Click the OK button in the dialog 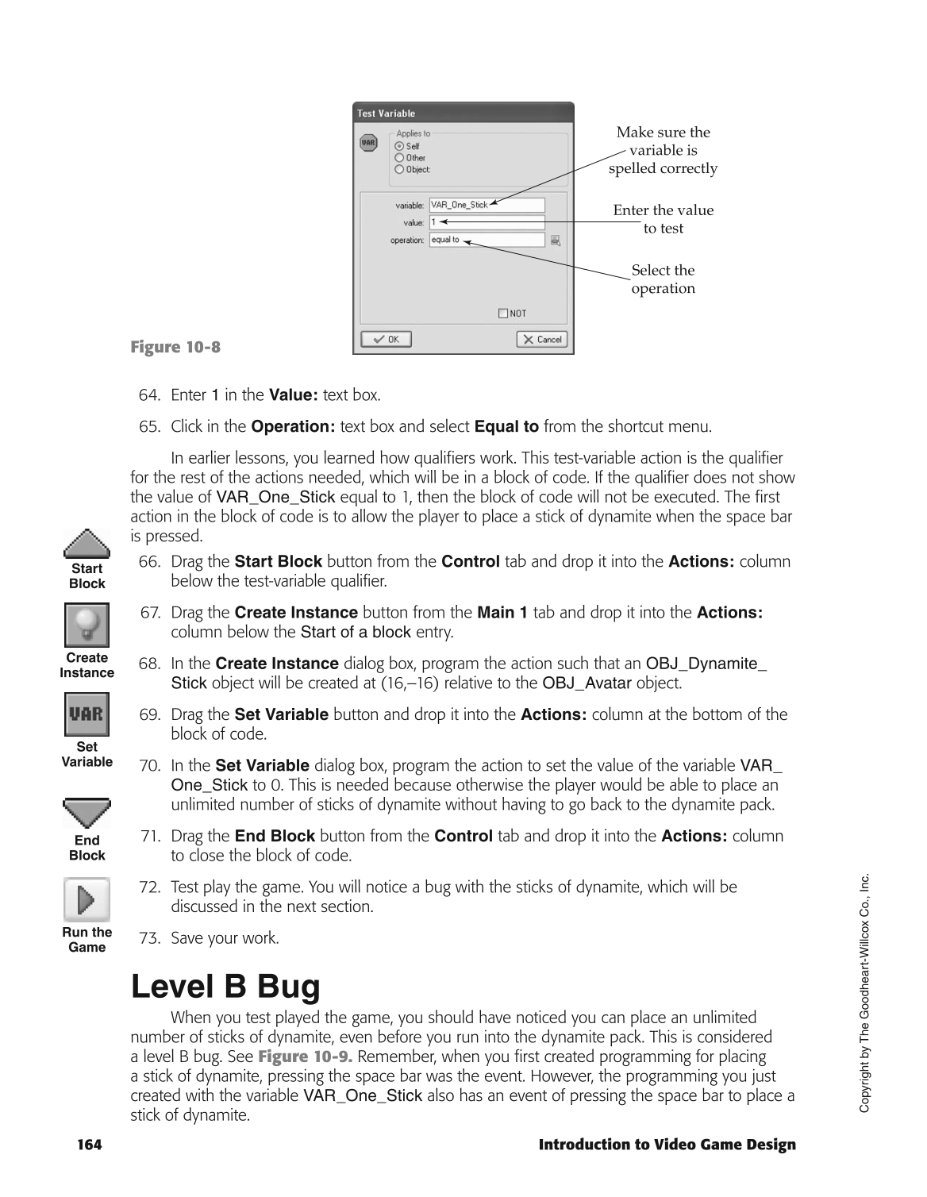coord(386,339)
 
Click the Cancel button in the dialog coord(542,339)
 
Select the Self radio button coord(399,146)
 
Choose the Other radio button coord(399,158)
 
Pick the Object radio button coord(399,169)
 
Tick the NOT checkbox coord(502,314)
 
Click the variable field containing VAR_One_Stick coord(487,205)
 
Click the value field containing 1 coord(487,222)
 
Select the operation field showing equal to coord(487,240)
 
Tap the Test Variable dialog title coord(387,114)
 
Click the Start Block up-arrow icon coord(87,544)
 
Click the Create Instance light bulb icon coord(87,625)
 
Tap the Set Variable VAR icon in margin coord(87,714)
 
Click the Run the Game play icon coord(87,899)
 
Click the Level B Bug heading coord(225,987)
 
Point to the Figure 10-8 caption coord(175,347)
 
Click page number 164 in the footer coord(89,1145)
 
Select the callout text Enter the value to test coord(663,219)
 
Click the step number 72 coord(149,887)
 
